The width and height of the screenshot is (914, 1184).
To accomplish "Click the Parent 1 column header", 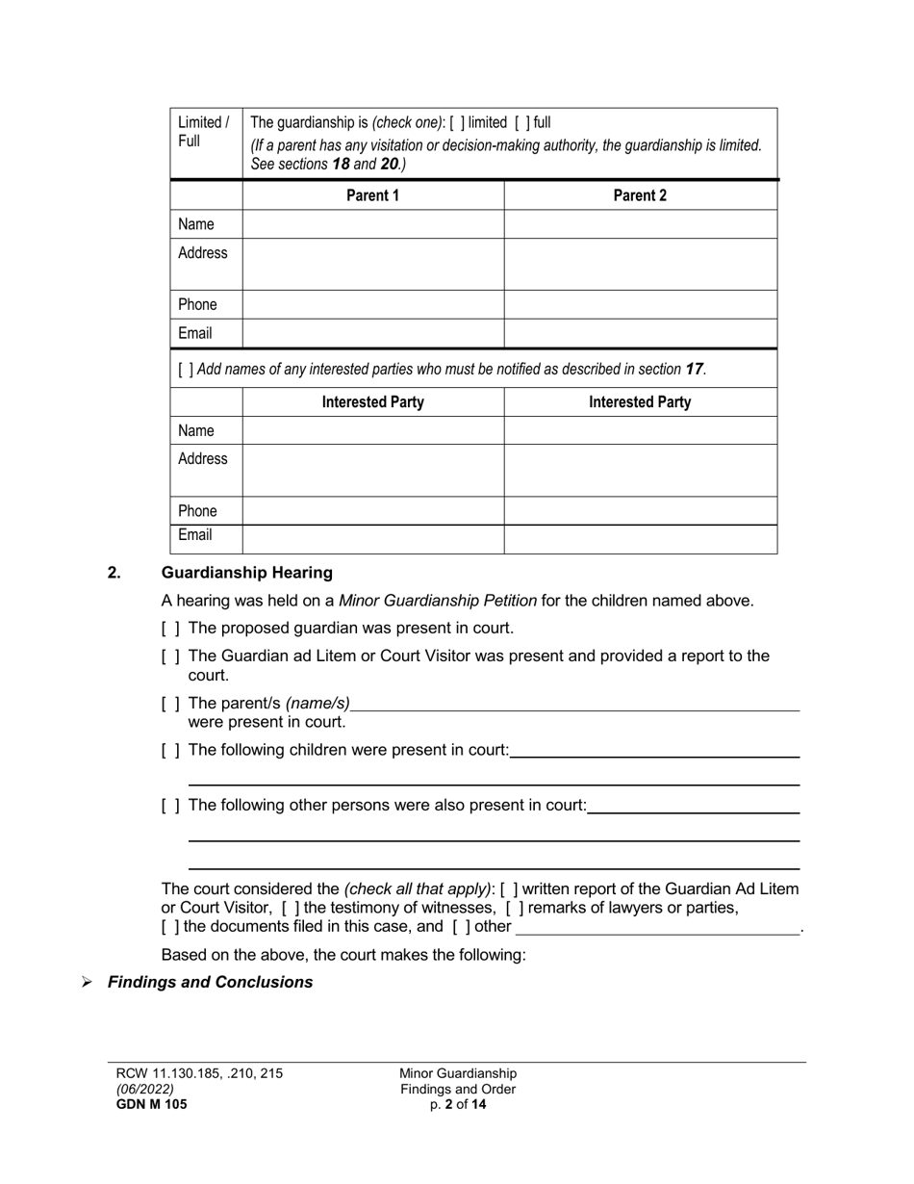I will tap(373, 195).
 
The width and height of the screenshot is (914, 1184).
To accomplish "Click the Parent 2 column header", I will tap(640, 195).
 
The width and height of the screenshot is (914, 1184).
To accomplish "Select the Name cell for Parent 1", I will tap(373, 224).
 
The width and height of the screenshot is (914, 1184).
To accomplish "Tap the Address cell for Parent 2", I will tap(640, 264).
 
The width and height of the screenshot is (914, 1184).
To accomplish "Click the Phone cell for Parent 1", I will tap(373, 305).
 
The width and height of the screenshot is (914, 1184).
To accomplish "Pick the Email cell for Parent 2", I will tap(640, 334).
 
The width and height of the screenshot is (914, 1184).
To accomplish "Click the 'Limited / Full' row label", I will tap(204, 132).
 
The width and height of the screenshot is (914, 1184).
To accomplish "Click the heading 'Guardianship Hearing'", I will tap(247, 573).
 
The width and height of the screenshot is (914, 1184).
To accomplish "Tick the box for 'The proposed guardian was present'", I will tap(170, 629).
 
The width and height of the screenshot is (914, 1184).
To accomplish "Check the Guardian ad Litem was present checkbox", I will tap(170, 656).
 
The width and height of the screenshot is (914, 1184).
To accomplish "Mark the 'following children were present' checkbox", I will tap(170, 750).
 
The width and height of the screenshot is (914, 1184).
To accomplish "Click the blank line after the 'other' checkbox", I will tap(658, 928).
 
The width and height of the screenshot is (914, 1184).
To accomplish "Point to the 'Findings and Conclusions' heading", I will tap(210, 983).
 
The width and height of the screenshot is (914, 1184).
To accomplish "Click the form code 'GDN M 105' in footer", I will tap(152, 1105).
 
